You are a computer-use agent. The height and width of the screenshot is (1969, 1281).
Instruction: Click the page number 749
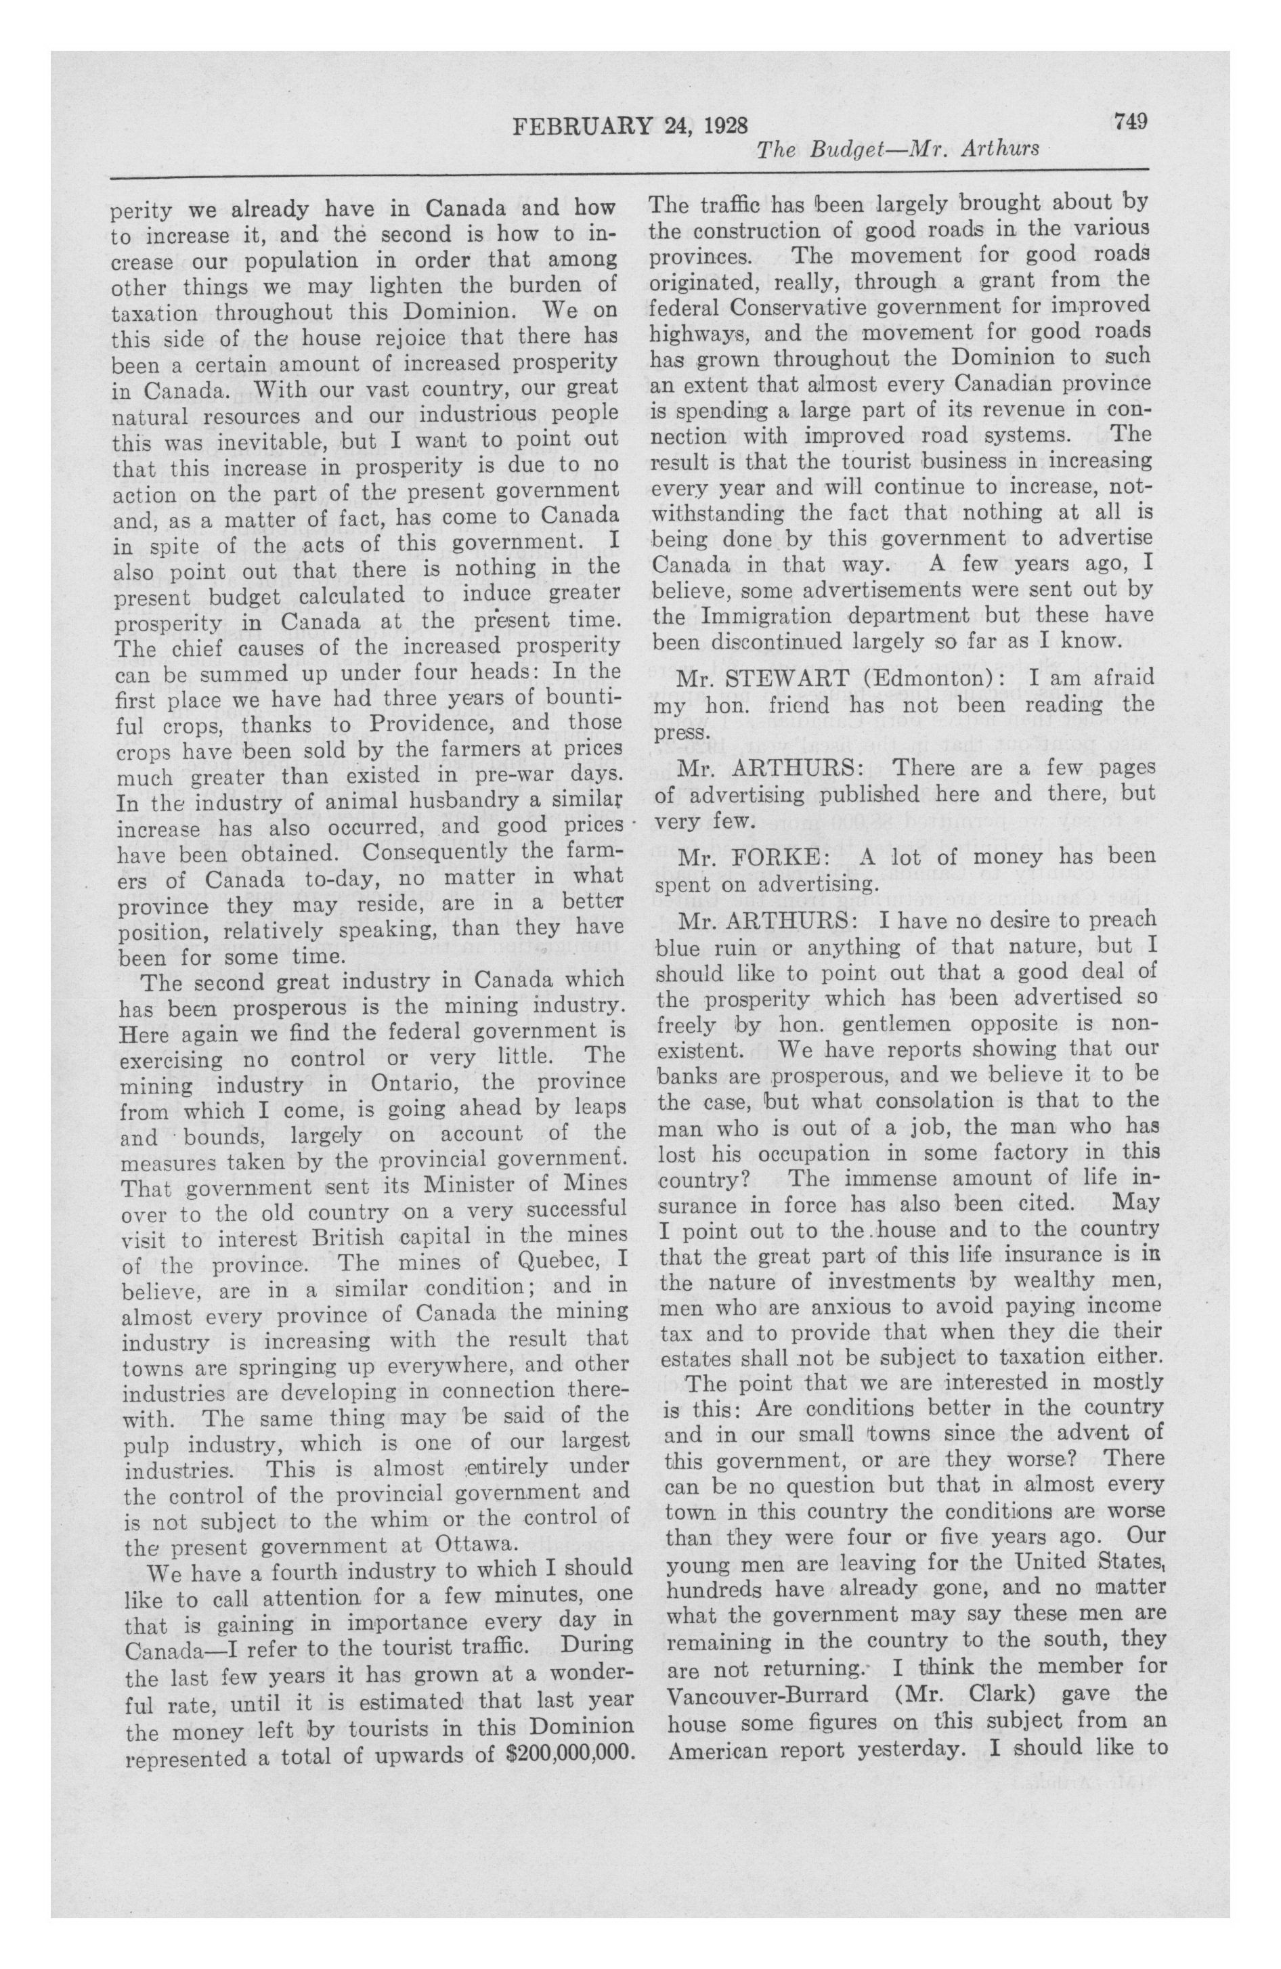point(1129,122)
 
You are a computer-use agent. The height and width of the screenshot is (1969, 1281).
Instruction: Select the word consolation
point(905,1103)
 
